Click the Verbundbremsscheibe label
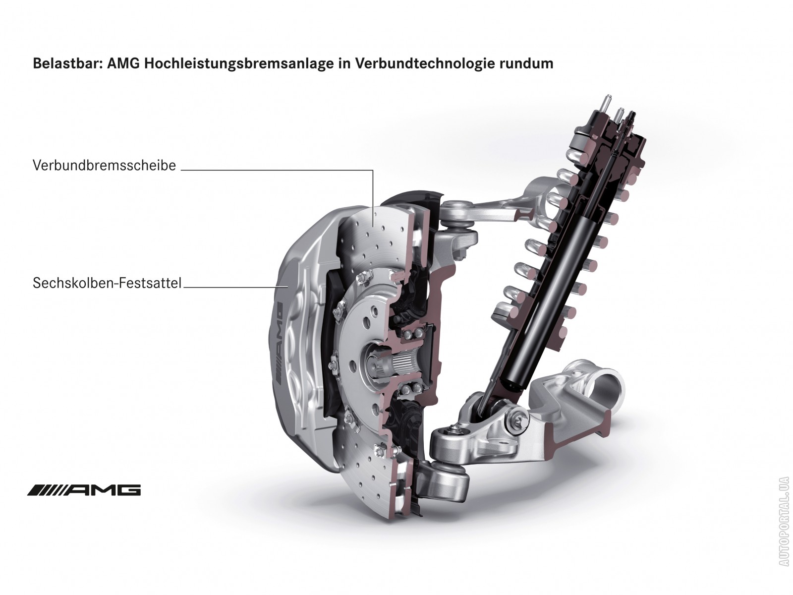click(x=105, y=166)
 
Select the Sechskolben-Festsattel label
click(x=107, y=283)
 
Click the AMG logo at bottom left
click(x=84, y=490)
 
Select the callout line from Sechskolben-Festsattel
click(x=235, y=287)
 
